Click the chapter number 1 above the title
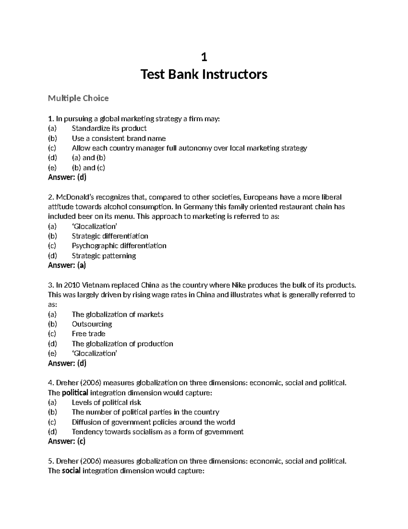coord(204,58)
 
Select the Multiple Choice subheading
coord(78,98)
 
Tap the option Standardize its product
coord(109,128)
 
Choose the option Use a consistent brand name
coord(119,138)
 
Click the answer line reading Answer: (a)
coord(67,265)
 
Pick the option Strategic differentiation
coord(110,236)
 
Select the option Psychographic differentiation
coord(119,246)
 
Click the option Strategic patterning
coord(104,255)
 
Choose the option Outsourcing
coord(92,324)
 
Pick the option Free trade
coord(88,333)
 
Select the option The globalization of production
coord(122,344)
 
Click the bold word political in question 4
coord(75,393)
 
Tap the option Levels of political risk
coord(106,402)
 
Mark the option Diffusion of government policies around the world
coord(153,422)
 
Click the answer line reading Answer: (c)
coord(67,441)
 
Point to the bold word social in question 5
coord(71,471)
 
